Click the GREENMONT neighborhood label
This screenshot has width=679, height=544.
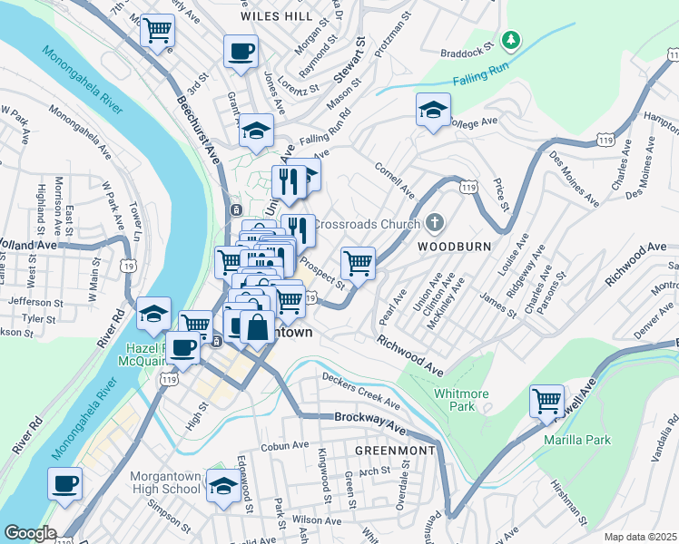click(395, 450)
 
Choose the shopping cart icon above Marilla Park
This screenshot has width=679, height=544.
click(547, 400)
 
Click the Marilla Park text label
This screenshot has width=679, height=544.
click(577, 441)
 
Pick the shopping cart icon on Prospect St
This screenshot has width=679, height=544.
click(359, 263)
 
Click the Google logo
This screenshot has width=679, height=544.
click(29, 533)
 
